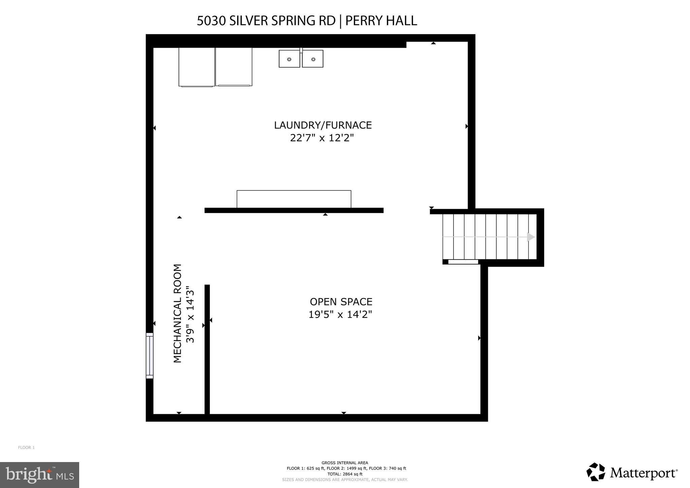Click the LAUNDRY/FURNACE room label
pos(323,125)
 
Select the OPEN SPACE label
pos(341,302)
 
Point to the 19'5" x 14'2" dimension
pos(340,314)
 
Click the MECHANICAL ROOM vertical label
pos(177,313)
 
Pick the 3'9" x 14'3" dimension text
pos(190,314)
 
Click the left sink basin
pos(289,59)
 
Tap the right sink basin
pos(313,59)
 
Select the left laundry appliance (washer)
pos(197,67)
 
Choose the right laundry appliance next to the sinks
pos(234,67)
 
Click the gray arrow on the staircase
pos(531,237)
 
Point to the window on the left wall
pos(150,356)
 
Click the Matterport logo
pos(632,473)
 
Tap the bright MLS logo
pos(39,475)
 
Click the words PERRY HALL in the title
pos(381,21)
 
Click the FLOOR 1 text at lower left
pos(26,448)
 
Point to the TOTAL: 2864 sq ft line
pos(345,474)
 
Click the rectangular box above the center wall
pos(294,199)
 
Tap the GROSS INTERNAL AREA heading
pos(345,463)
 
